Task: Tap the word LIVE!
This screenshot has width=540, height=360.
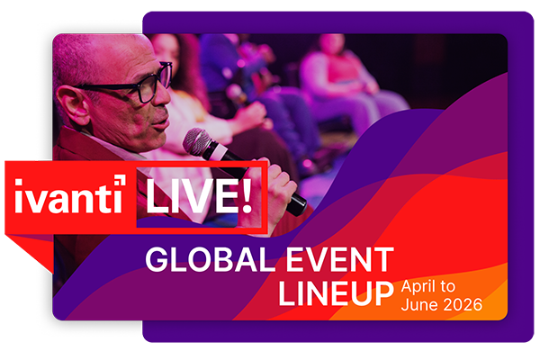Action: (188, 195)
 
